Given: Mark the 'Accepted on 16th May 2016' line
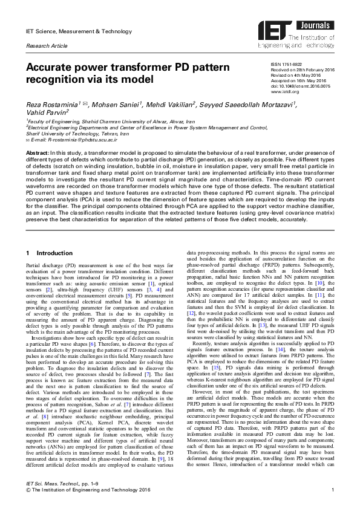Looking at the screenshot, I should click(x=293, y=82).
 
